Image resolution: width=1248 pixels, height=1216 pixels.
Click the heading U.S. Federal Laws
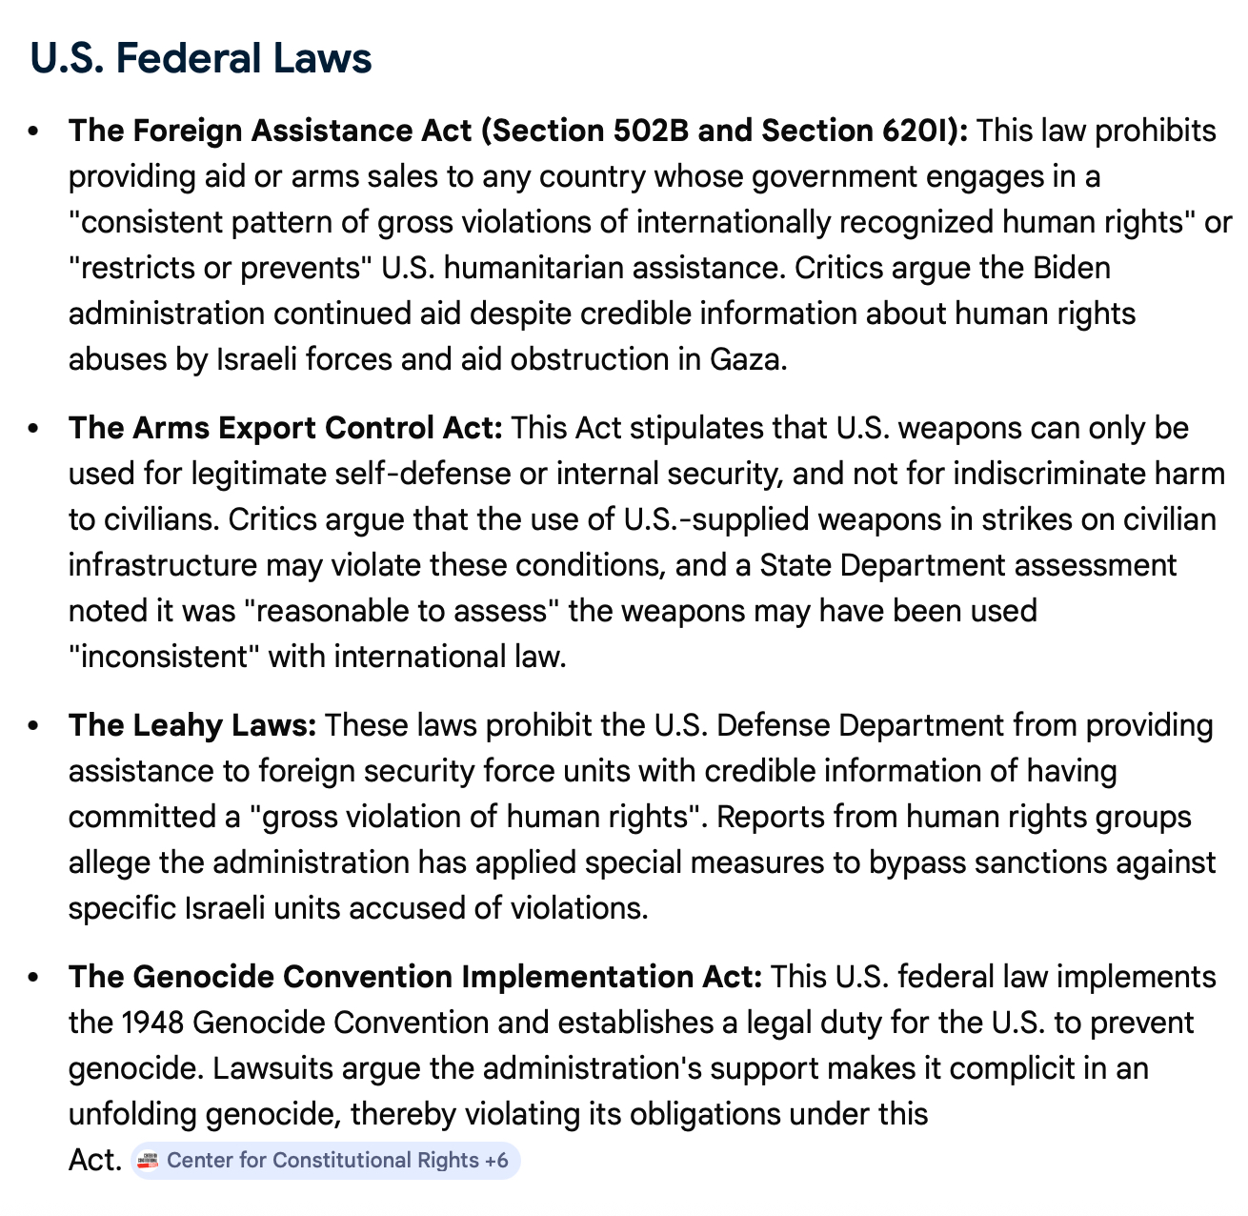click(x=200, y=57)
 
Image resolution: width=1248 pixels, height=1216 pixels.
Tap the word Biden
click(x=1072, y=268)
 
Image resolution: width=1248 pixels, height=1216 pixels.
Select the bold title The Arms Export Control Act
click(x=285, y=428)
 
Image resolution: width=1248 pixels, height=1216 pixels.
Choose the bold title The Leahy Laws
click(x=191, y=725)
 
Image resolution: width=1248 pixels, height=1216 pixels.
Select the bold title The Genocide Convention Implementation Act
click(x=415, y=977)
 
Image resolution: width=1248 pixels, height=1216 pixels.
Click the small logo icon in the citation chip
click(x=148, y=1160)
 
